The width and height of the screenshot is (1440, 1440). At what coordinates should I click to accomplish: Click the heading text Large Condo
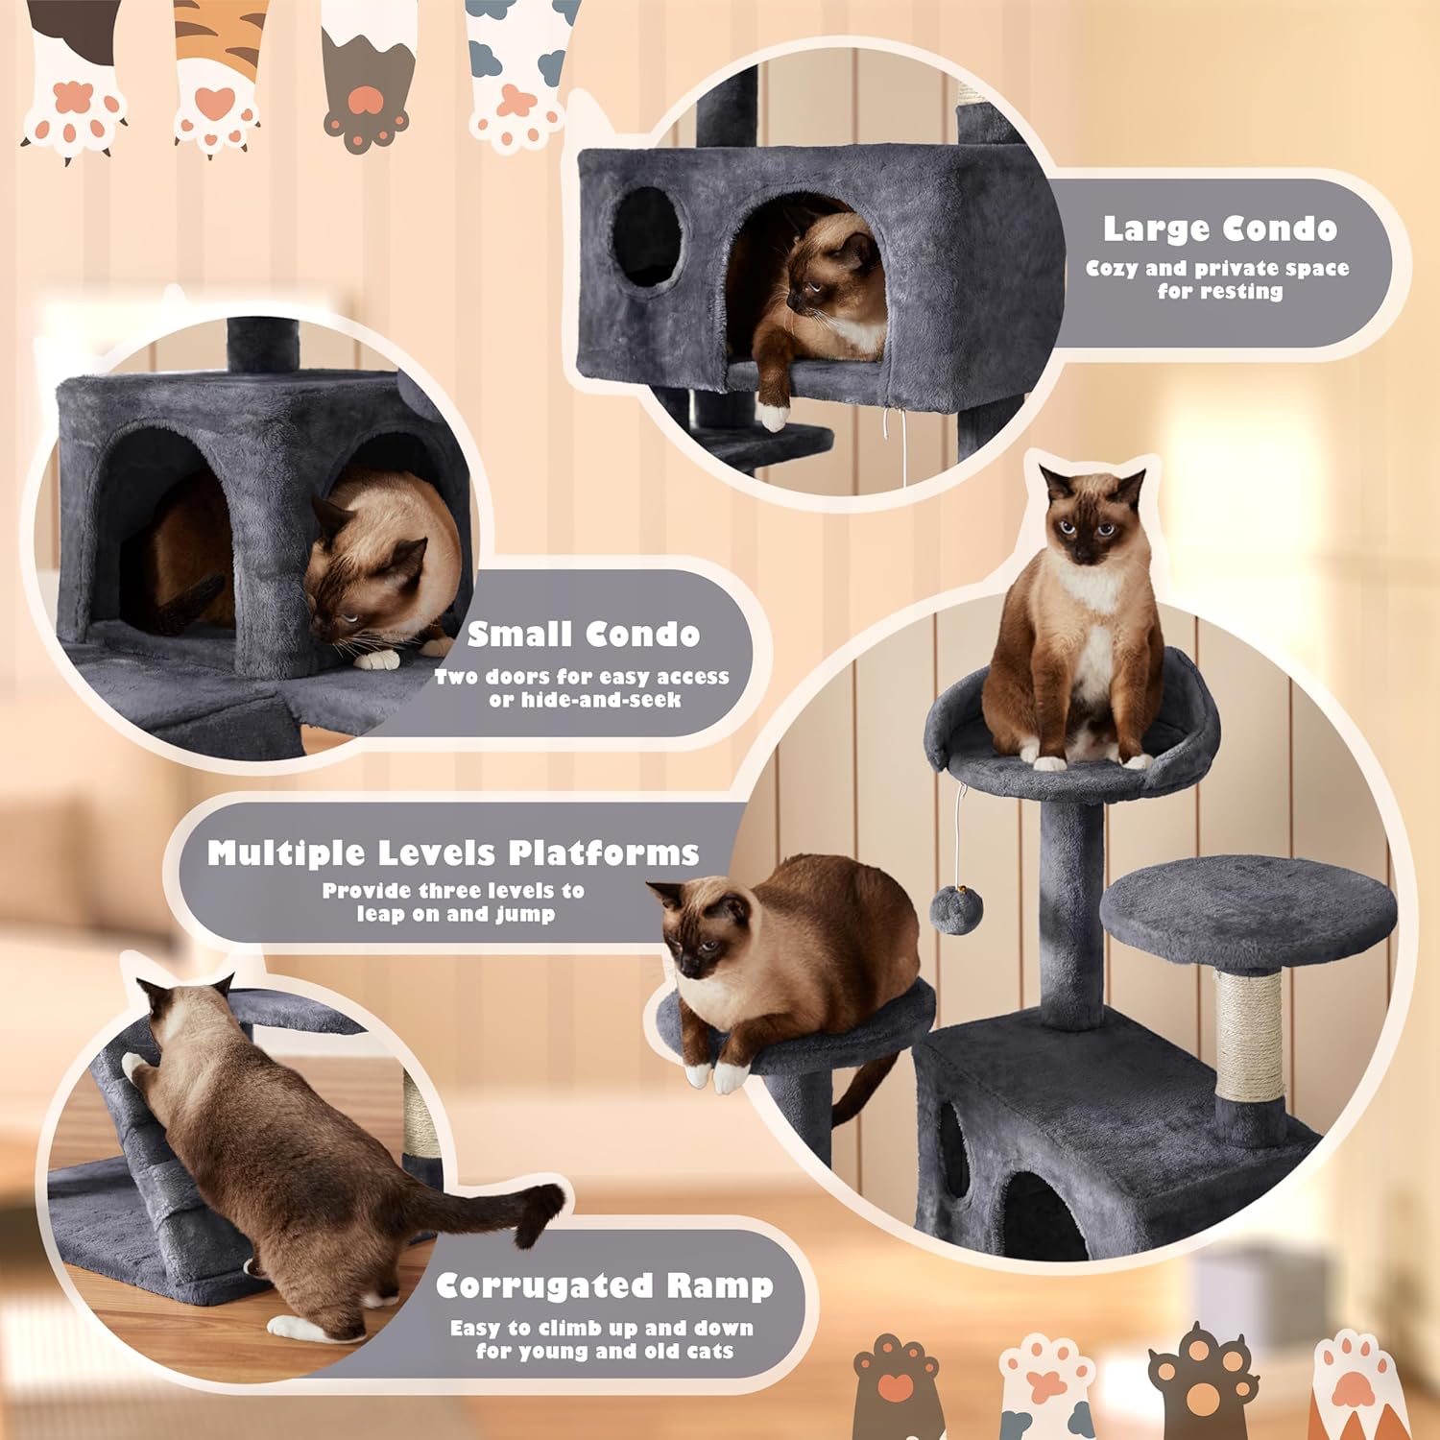click(x=1219, y=228)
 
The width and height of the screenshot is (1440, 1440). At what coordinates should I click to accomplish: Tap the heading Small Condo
click(x=583, y=635)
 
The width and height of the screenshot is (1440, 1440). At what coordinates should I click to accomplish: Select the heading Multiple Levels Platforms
click(x=453, y=852)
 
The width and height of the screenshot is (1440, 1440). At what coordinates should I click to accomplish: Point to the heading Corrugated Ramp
click(x=604, y=1285)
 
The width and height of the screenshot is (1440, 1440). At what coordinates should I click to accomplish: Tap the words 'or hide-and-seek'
click(x=585, y=700)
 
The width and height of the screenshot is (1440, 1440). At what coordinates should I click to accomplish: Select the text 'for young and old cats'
click(x=604, y=1352)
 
